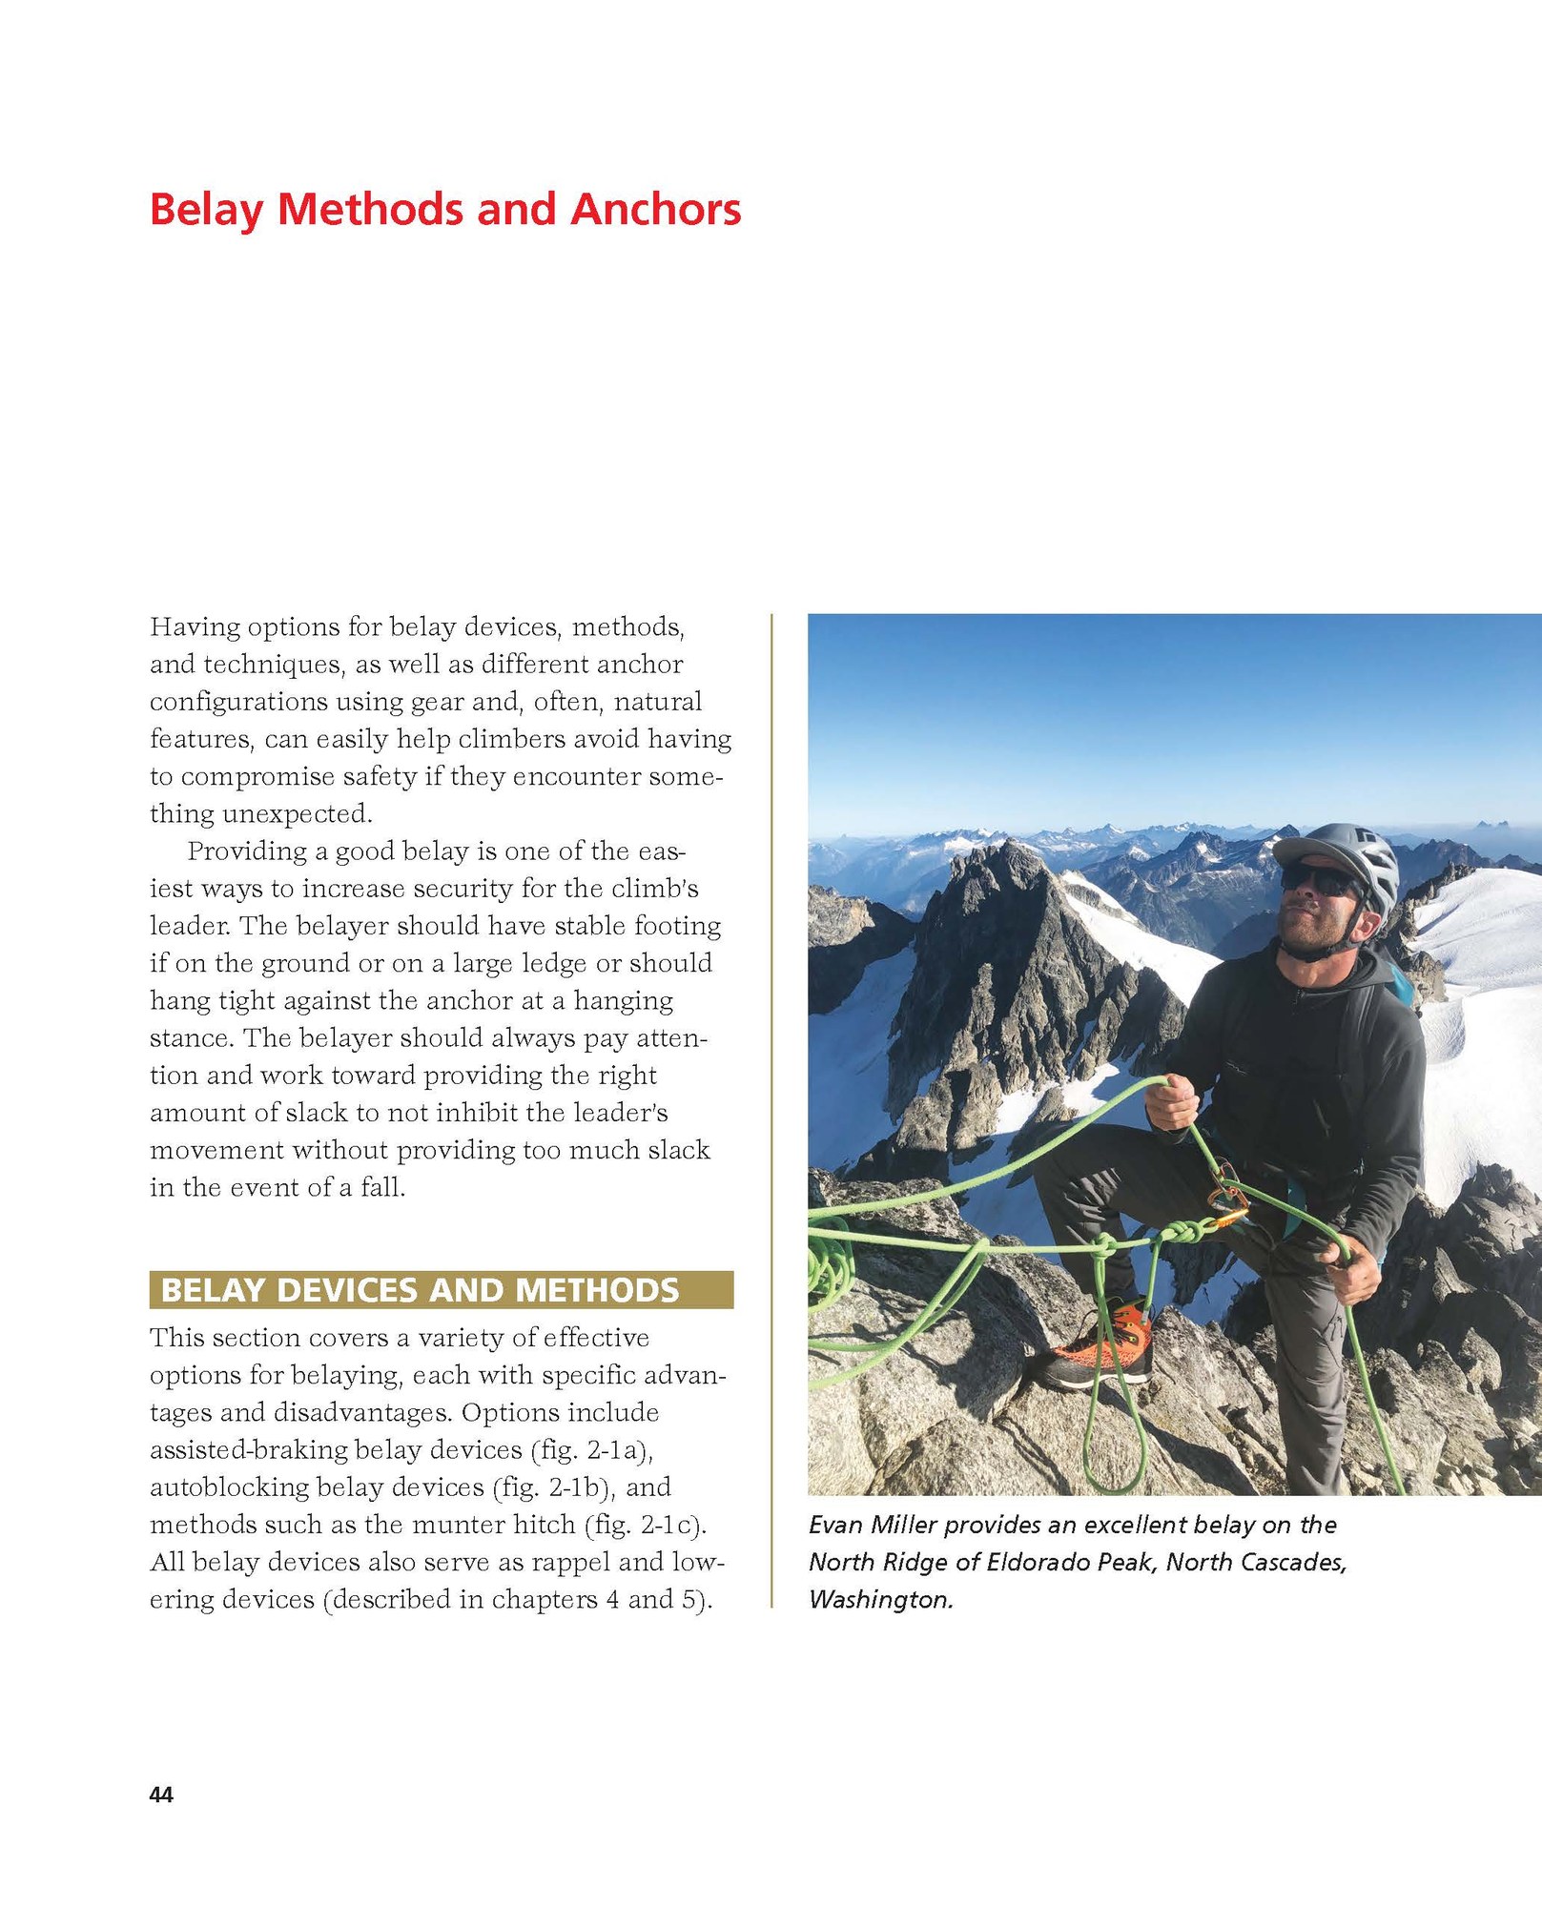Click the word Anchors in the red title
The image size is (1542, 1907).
pyautogui.click(x=655, y=210)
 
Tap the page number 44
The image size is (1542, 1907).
pyautogui.click(x=161, y=1794)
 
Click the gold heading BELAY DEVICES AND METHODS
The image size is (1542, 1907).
pyautogui.click(x=420, y=1290)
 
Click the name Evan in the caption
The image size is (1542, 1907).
pyautogui.click(x=836, y=1525)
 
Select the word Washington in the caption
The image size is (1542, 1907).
pyautogui.click(x=880, y=1599)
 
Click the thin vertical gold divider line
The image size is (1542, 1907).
pyautogui.click(x=771, y=1111)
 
